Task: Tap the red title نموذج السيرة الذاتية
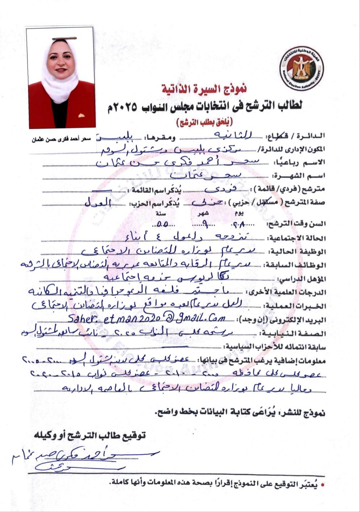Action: pyautogui.click(x=204, y=88)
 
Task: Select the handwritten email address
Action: pyautogui.click(x=147, y=318)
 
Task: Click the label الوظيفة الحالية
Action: pyautogui.click(x=297, y=252)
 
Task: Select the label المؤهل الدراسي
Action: pyautogui.click(x=301, y=279)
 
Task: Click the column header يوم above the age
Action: pyautogui.click(x=239, y=214)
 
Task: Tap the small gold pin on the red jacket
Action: pyautogui.click(x=82, y=116)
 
